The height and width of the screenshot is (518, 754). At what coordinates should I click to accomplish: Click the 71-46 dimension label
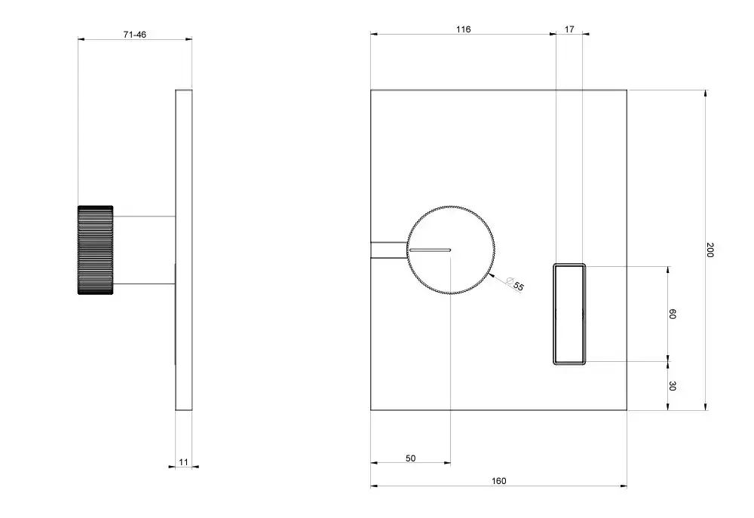pyautogui.click(x=135, y=35)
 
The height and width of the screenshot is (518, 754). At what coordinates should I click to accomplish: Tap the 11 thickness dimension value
pyautogui.click(x=184, y=462)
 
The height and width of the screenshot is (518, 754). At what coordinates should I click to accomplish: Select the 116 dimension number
pyautogui.click(x=463, y=29)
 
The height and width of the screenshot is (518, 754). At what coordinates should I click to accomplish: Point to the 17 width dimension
pyautogui.click(x=569, y=29)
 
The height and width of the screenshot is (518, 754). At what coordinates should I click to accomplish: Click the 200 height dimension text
pyautogui.click(x=710, y=250)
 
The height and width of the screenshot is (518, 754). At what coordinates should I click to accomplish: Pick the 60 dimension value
pyautogui.click(x=673, y=314)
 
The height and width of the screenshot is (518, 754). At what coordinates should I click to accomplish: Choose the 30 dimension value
pyautogui.click(x=673, y=386)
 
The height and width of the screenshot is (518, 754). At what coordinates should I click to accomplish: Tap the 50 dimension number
pyautogui.click(x=410, y=458)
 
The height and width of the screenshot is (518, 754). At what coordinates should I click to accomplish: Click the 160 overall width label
pyautogui.click(x=498, y=481)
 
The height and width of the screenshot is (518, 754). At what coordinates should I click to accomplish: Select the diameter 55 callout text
pyautogui.click(x=515, y=284)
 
